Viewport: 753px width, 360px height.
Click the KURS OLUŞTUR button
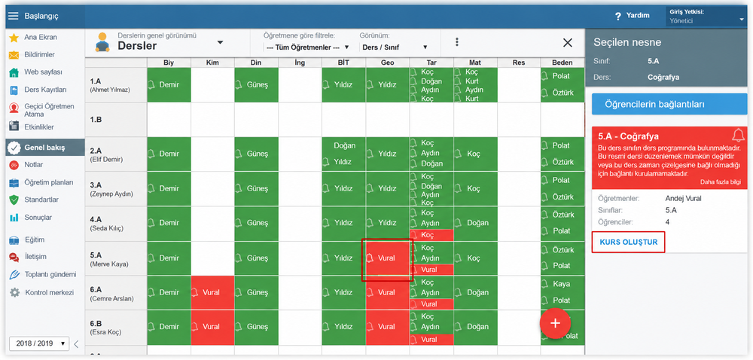point(628,242)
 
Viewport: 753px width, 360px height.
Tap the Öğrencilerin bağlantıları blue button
point(669,104)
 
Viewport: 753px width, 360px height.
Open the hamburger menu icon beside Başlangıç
point(13,16)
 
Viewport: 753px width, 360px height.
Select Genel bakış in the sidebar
point(44,148)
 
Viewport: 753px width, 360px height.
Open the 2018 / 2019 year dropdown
point(39,343)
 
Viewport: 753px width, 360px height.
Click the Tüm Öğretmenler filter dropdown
point(306,47)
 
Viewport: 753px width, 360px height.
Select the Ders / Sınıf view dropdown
point(394,47)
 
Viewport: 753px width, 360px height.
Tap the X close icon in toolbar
point(568,43)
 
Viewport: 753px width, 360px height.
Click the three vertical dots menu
point(457,42)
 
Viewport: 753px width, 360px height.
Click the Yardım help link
point(633,16)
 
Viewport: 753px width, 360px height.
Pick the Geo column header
point(388,63)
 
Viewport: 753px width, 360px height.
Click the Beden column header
point(562,63)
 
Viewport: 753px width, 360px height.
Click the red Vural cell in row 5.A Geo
point(387,258)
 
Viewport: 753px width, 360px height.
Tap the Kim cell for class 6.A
point(213,292)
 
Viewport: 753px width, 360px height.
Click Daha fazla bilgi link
point(721,182)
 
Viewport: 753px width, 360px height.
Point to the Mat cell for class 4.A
point(475,223)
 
